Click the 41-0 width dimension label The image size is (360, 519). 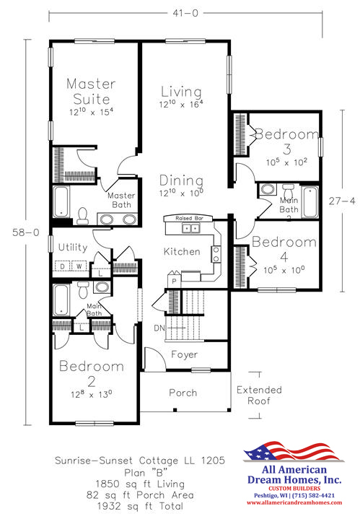(185, 13)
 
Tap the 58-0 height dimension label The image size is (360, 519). (26, 232)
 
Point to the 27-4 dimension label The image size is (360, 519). (342, 201)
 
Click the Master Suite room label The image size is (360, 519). (92, 92)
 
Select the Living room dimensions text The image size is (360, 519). (180, 104)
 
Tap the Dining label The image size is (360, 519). (181, 180)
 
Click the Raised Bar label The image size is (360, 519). (189, 219)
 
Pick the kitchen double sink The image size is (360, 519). (190, 228)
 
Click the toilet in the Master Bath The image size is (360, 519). (82, 216)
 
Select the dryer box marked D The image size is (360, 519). (62, 266)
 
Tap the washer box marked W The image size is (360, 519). (79, 266)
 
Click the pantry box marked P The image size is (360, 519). (174, 282)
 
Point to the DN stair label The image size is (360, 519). (159, 328)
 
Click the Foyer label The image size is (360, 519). (185, 355)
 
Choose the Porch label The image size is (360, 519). (183, 393)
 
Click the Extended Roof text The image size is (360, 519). (259, 396)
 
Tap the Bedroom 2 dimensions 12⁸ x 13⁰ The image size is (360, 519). (92, 394)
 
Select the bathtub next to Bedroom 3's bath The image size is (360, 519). (310, 202)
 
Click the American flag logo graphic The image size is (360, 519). (294, 451)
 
